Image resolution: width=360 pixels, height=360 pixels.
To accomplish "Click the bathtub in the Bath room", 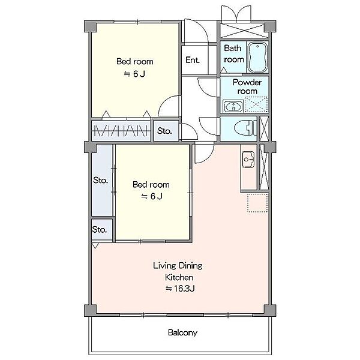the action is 257,57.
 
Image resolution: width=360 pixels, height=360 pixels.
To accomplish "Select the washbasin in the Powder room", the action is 233,106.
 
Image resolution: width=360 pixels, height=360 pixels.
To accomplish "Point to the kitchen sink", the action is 248,160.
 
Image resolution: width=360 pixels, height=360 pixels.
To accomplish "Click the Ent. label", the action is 193,60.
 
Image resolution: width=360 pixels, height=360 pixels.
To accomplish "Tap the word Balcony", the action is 182,332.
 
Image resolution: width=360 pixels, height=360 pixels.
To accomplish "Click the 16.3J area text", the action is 180,289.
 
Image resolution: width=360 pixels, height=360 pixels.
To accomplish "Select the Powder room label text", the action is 247,87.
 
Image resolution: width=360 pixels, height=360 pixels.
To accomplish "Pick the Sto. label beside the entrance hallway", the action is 164,131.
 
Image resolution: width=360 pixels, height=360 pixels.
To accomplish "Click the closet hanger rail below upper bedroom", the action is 121,131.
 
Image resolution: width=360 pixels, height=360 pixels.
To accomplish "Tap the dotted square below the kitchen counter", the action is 257,203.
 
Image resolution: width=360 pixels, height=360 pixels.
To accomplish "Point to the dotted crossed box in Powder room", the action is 256,104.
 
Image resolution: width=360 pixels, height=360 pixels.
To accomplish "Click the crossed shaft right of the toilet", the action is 264,128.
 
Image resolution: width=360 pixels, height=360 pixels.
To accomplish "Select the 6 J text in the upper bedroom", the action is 134,74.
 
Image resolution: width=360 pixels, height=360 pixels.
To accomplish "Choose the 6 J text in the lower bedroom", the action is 152,196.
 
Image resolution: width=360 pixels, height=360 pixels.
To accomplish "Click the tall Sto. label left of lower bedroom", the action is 101,180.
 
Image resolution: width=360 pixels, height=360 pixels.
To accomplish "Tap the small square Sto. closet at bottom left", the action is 102,229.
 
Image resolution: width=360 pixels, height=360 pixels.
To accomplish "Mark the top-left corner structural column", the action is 90,26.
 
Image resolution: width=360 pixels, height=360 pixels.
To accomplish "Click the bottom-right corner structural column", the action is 270,310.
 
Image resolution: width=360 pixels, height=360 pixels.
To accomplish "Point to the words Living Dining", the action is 178,266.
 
